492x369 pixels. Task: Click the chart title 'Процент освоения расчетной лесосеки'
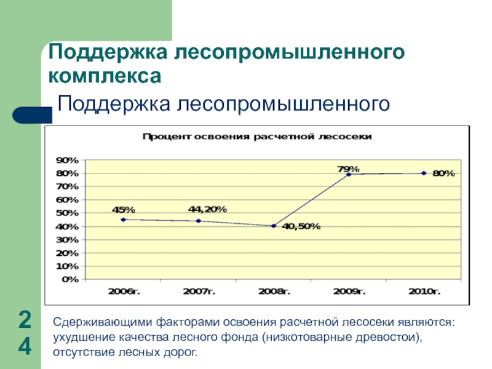pyautogui.click(x=257, y=137)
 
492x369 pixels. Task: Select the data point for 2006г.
pyautogui.click(x=124, y=220)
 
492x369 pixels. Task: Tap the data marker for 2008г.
pyautogui.click(x=274, y=226)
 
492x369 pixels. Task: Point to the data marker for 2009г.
pyautogui.click(x=349, y=174)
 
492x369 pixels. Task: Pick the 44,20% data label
pyautogui.click(x=207, y=209)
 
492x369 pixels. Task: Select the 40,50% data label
pyautogui.click(x=301, y=226)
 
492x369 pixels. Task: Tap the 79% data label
pyautogui.click(x=349, y=167)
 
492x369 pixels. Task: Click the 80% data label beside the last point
pyautogui.click(x=443, y=173)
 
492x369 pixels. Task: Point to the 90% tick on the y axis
pyautogui.click(x=67, y=160)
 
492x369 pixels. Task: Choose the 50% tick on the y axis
pyautogui.click(x=67, y=213)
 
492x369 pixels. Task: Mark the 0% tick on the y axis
pyautogui.click(x=69, y=280)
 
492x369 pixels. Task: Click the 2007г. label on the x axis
pyautogui.click(x=199, y=292)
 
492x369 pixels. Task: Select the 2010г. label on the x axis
pyautogui.click(x=424, y=292)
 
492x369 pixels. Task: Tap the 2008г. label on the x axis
pyautogui.click(x=274, y=292)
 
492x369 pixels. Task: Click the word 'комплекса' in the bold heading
pyautogui.click(x=105, y=77)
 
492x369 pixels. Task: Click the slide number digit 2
pyautogui.click(x=25, y=320)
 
